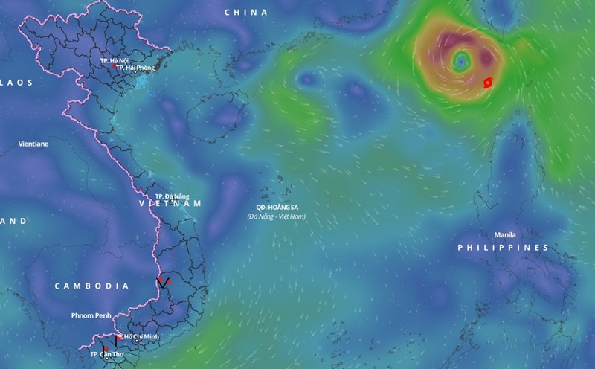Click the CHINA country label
pos(245,13)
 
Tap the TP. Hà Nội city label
pos(113,59)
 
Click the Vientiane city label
pos(33,143)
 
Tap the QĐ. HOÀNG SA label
pos(276,208)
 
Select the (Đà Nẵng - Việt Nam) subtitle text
pos(277,216)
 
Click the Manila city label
pos(504,234)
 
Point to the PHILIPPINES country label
pos(503,247)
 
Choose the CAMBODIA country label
pos(92,286)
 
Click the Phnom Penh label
pos(91,316)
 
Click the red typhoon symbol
pos(488,82)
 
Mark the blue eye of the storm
pos(460,59)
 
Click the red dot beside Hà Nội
pos(114,65)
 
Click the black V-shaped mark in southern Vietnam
pos(162,283)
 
